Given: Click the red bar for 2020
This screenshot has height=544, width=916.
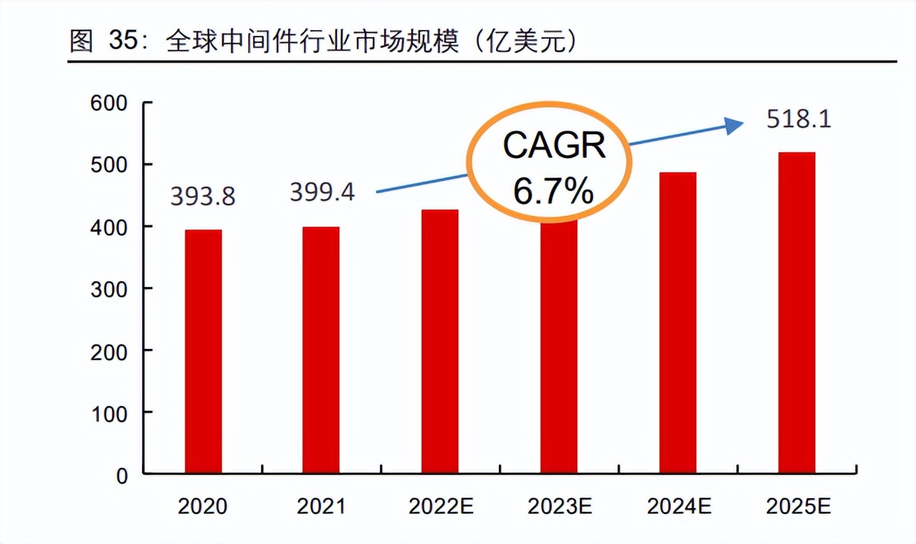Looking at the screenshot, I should (x=203, y=352).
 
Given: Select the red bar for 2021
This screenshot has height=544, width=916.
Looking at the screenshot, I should (x=321, y=350).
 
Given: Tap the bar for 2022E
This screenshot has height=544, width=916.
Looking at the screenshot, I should (x=440, y=342).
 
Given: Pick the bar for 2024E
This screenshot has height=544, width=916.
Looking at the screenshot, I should (x=678, y=323).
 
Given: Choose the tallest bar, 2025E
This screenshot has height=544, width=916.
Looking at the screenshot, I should (x=796, y=313).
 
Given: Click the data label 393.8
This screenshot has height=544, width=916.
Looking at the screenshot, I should (x=203, y=197).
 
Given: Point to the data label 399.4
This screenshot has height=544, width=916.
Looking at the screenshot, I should (x=322, y=192).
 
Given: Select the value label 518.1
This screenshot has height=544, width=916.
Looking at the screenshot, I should (x=798, y=119).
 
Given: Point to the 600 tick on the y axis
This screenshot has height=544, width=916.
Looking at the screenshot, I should (x=110, y=103).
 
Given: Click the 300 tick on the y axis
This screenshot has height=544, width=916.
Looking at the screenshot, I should (x=110, y=289).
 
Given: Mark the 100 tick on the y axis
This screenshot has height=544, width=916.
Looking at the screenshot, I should (x=110, y=413).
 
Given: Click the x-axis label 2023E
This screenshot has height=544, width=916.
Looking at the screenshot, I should (x=560, y=507).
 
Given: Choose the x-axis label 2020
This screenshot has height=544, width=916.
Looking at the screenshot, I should (x=203, y=507).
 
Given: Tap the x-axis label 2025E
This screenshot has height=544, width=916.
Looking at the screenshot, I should (x=798, y=507).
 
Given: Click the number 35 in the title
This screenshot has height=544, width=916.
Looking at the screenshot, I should (x=123, y=42).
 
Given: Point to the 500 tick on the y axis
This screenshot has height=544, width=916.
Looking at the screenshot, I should (x=110, y=165).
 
